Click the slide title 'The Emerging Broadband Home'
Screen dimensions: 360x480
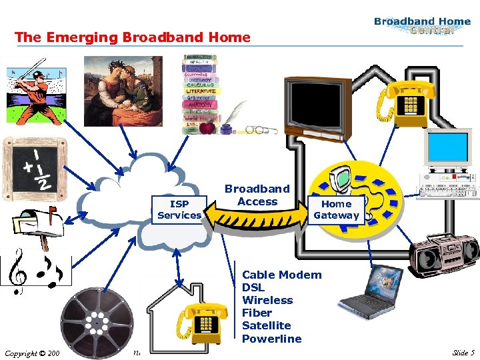[x=133, y=37]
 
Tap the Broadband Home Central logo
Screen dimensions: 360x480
[x=422, y=26]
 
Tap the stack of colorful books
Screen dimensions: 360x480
[x=201, y=93]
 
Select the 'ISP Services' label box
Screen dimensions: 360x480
[x=179, y=209]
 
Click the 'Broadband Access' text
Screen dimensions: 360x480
[x=257, y=195]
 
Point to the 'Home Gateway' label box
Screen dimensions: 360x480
[x=336, y=209]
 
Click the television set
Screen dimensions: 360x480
[x=317, y=107]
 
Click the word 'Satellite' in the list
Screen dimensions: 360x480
[x=266, y=325]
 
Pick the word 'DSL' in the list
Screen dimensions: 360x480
[x=253, y=287]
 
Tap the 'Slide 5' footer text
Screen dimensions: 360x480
[x=463, y=353]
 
